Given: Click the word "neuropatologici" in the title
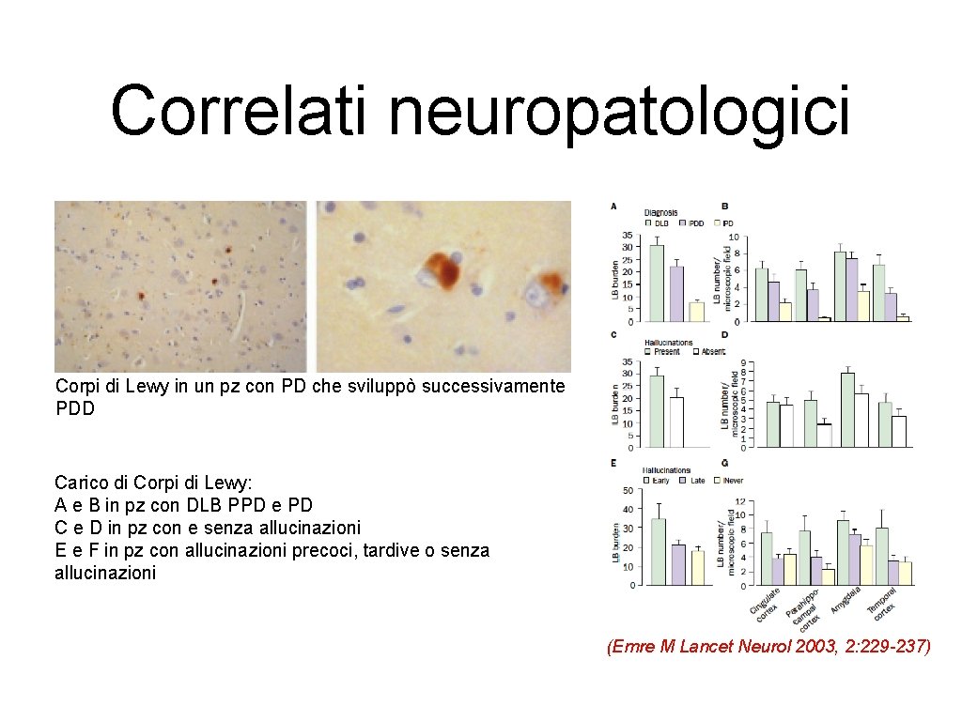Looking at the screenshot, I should tap(618, 111).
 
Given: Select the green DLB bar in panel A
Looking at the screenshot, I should tap(657, 283).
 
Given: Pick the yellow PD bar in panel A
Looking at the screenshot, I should tap(696, 312).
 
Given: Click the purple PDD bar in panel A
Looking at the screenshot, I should tap(676, 294).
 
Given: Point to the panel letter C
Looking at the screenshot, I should tap(613, 335).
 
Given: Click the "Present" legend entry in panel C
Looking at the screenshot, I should tap(665, 351).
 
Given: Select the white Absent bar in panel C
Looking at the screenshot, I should tap(676, 422).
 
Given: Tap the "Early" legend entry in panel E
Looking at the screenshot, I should tap(662, 480).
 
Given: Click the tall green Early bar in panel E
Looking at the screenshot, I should tap(658, 551).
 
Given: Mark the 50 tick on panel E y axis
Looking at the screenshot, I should tap(628, 490).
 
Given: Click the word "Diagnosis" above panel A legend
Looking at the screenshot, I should tap(660, 212).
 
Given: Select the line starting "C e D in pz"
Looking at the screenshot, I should tap(208, 528).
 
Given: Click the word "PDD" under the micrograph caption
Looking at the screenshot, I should tap(75, 408).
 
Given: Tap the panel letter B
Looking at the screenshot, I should tap(725, 207).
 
